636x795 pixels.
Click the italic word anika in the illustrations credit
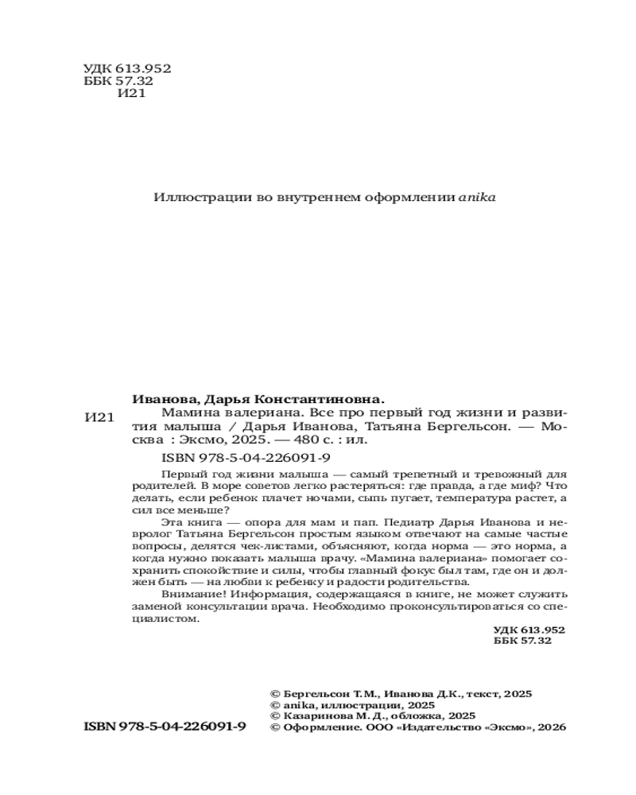pos(477,197)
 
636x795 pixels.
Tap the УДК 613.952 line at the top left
pos(127,68)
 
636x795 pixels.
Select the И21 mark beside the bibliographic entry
pos(99,418)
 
